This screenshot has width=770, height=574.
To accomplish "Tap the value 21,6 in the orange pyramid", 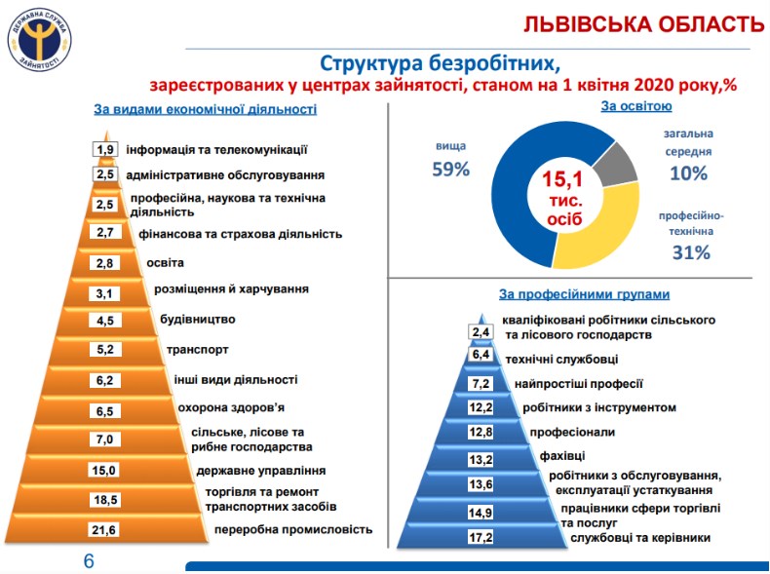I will point(105,530).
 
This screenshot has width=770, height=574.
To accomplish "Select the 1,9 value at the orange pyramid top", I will point(105,149).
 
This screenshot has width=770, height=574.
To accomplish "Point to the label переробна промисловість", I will point(292,530).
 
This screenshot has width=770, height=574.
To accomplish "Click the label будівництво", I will point(197,319).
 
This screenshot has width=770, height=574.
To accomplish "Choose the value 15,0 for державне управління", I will point(105,471).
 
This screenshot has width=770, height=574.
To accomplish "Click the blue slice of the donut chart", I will point(512,195).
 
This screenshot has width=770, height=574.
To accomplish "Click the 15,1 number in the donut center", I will point(562,180).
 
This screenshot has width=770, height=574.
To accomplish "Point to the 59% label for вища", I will point(451,169).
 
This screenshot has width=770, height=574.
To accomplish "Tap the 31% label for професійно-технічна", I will point(690,252).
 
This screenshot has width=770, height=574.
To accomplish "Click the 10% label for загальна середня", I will point(689,173).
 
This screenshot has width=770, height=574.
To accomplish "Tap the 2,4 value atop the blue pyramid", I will point(480,332).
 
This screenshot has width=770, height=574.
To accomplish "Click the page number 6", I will point(88,561).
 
